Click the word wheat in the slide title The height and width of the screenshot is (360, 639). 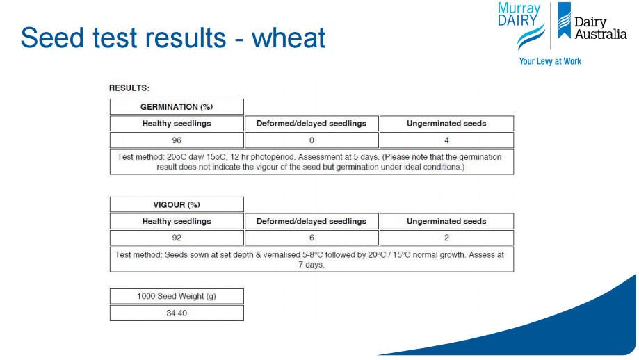(289, 38)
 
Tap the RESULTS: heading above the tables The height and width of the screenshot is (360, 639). (129, 88)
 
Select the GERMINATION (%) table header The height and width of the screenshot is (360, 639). (177, 107)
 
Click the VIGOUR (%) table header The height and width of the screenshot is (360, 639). (177, 204)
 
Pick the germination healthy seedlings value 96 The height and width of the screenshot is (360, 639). (177, 140)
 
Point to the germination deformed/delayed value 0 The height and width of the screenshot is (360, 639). (312, 140)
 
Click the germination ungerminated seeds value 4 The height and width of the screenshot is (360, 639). (446, 140)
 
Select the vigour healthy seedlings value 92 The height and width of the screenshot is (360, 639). (177, 238)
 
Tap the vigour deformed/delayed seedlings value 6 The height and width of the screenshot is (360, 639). (312, 238)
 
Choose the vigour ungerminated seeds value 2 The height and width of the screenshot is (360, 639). (446, 238)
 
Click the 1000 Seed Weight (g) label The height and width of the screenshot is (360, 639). (177, 296)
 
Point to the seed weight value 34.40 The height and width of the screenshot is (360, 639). (177, 313)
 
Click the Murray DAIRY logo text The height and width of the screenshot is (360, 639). (519, 15)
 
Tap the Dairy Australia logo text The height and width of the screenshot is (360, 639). (600, 28)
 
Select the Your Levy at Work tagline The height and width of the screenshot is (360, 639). (550, 61)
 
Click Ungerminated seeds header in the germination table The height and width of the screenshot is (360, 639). (446, 124)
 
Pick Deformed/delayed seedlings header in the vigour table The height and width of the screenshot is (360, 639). (312, 221)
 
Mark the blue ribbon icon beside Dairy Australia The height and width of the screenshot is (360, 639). (565, 19)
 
